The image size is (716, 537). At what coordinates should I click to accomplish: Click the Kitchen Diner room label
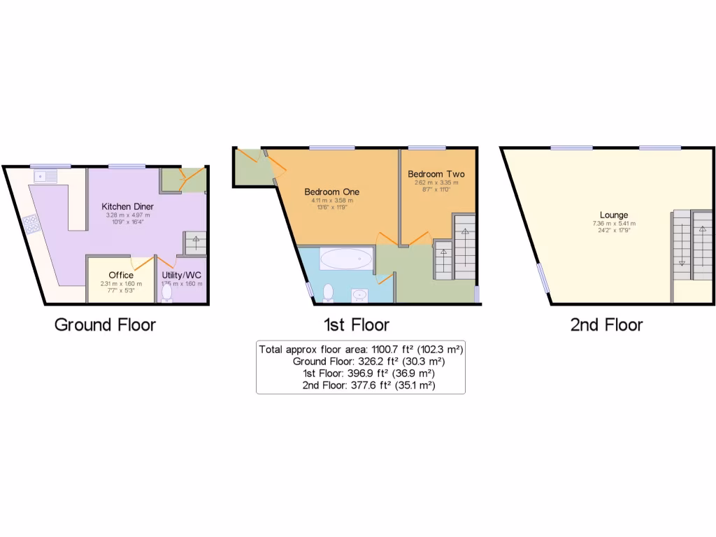(x=127, y=206)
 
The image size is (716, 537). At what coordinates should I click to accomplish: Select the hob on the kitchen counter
(x=31, y=224)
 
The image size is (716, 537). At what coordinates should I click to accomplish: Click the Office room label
(x=121, y=275)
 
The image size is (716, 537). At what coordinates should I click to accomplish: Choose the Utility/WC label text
(x=181, y=275)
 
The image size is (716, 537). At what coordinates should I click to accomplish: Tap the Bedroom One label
(x=331, y=192)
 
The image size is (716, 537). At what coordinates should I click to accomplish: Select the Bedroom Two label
(x=436, y=174)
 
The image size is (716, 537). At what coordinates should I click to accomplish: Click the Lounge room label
(x=613, y=215)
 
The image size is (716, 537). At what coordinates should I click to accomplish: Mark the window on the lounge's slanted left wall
(x=543, y=277)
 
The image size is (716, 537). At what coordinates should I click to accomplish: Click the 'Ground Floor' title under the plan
(x=105, y=324)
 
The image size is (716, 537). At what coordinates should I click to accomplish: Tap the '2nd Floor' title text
(x=606, y=324)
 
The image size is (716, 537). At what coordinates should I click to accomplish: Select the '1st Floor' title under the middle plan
(x=356, y=324)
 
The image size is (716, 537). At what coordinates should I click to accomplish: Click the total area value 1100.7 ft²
(x=387, y=349)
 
